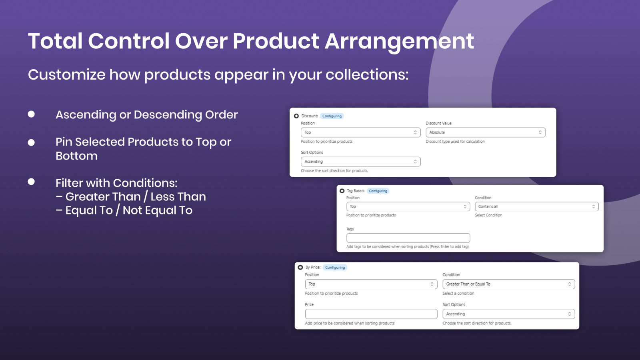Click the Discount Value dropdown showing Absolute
point(486,132)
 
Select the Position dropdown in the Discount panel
point(360,132)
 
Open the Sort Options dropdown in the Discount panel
point(360,162)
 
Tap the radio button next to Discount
point(296,116)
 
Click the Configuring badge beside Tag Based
point(378,191)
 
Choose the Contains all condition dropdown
point(536,206)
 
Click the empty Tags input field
point(408,238)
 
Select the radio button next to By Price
point(300,268)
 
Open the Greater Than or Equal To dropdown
point(508,284)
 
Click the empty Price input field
point(371,314)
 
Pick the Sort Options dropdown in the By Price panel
point(508,314)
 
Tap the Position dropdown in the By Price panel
point(371,284)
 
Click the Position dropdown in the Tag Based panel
point(408,206)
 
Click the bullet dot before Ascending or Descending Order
point(32,114)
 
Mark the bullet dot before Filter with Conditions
point(32,182)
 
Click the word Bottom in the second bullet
point(76,156)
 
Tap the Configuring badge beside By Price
point(335,268)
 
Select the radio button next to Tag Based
point(342,191)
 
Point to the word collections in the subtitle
point(367,74)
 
